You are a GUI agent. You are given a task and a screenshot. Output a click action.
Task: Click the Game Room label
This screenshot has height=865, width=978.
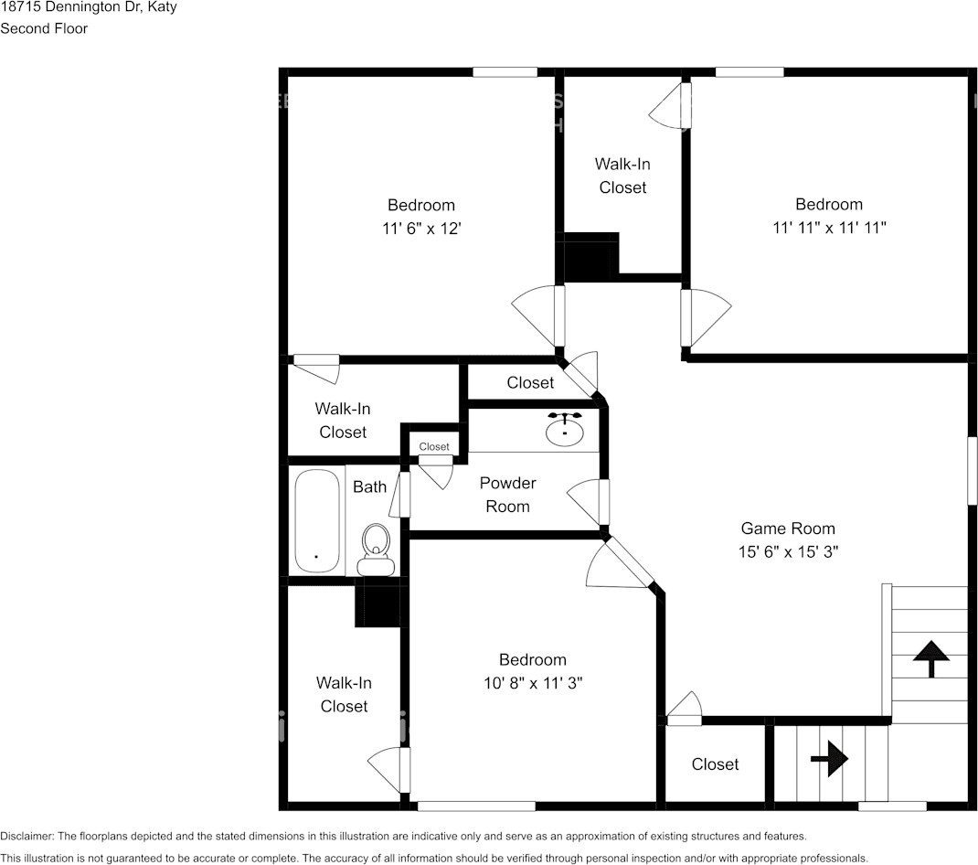(788, 529)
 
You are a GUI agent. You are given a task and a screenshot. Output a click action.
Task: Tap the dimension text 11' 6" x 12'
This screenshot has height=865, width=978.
(421, 229)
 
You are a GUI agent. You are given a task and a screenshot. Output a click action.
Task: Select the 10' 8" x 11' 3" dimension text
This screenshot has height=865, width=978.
(533, 683)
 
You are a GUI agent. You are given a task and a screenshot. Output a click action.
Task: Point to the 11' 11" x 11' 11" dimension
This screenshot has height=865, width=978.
(829, 228)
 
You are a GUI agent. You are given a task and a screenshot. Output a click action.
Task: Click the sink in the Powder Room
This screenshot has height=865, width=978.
(565, 429)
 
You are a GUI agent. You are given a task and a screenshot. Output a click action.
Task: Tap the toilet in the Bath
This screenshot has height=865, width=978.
(375, 550)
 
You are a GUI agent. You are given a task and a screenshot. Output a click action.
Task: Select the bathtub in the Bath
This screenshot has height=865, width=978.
(317, 521)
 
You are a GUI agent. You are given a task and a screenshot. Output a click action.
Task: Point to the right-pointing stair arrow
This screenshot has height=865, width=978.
(830, 759)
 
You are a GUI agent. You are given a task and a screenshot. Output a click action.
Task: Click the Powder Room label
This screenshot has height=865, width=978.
(507, 495)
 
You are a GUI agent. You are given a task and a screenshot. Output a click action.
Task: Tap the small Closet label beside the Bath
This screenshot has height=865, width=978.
(434, 447)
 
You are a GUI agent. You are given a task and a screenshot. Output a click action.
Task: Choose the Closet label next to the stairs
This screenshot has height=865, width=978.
(715, 764)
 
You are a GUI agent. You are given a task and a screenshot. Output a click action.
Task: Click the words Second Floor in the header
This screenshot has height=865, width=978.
(44, 28)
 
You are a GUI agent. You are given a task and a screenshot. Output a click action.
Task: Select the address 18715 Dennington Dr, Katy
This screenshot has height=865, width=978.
(89, 7)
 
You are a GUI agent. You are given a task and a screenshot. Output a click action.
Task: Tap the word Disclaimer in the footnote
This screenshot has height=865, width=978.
(27, 837)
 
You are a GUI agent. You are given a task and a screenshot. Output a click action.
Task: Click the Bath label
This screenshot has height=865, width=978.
(370, 486)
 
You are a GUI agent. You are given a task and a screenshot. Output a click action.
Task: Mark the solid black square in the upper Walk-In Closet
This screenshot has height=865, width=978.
(590, 257)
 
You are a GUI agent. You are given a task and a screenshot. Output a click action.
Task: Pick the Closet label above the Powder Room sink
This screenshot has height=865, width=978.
(530, 382)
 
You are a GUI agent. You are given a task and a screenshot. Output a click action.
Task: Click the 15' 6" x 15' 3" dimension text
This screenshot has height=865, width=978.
(789, 552)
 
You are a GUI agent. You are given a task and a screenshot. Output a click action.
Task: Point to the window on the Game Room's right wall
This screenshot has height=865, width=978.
(973, 471)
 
